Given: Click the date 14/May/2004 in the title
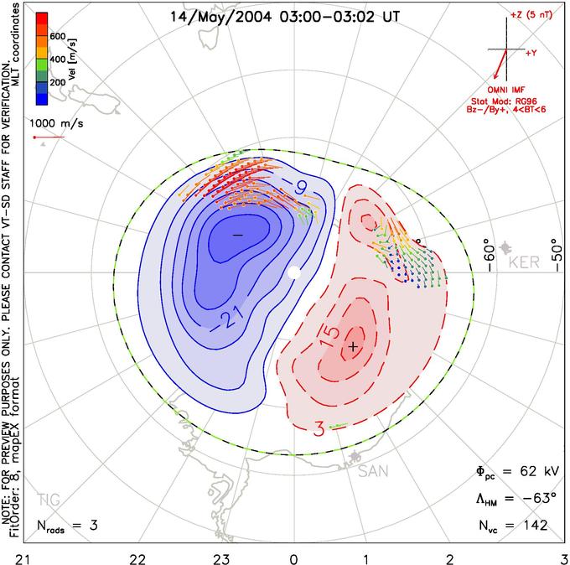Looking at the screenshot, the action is [220, 17].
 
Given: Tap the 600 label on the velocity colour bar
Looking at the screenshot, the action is [58, 36].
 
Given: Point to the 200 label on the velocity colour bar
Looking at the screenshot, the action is [58, 82].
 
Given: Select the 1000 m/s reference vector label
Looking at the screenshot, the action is [56, 123].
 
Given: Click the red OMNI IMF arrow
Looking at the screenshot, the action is [500, 64].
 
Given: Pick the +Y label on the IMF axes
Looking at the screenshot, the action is [531, 53].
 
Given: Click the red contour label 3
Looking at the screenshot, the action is [319, 429].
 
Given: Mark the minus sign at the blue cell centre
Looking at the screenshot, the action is [238, 236].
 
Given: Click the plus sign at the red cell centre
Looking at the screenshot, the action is [353, 346].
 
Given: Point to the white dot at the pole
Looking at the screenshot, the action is [294, 272].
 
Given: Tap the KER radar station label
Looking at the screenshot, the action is [524, 262].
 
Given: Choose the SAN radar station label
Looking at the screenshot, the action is [373, 471].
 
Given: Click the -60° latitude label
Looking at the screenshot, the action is [490, 255].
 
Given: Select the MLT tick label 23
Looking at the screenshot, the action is [221, 559].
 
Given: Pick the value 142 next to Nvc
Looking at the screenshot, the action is [535, 525].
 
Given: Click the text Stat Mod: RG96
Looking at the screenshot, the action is [504, 101].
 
